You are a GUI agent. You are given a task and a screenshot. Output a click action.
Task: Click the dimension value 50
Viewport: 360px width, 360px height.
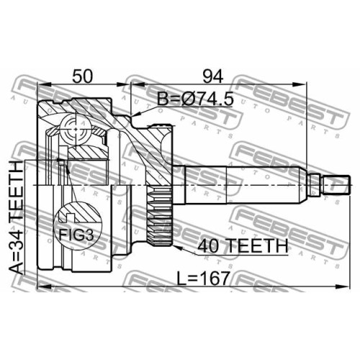82,76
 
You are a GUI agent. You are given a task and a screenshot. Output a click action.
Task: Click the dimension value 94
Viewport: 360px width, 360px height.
213,76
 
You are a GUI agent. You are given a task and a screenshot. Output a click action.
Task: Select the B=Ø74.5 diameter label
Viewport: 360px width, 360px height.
195,99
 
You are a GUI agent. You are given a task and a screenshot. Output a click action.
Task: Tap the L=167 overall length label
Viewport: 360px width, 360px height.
204,278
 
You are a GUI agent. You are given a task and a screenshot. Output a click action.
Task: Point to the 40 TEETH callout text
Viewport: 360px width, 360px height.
243,246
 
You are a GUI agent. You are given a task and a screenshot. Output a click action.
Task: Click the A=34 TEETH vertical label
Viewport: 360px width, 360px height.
17,217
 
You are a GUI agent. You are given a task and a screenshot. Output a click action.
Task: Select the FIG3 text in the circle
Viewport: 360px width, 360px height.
76,235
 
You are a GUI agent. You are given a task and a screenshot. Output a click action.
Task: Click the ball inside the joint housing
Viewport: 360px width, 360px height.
76,129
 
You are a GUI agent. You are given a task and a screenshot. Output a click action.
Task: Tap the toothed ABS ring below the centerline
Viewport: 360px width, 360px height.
159,215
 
